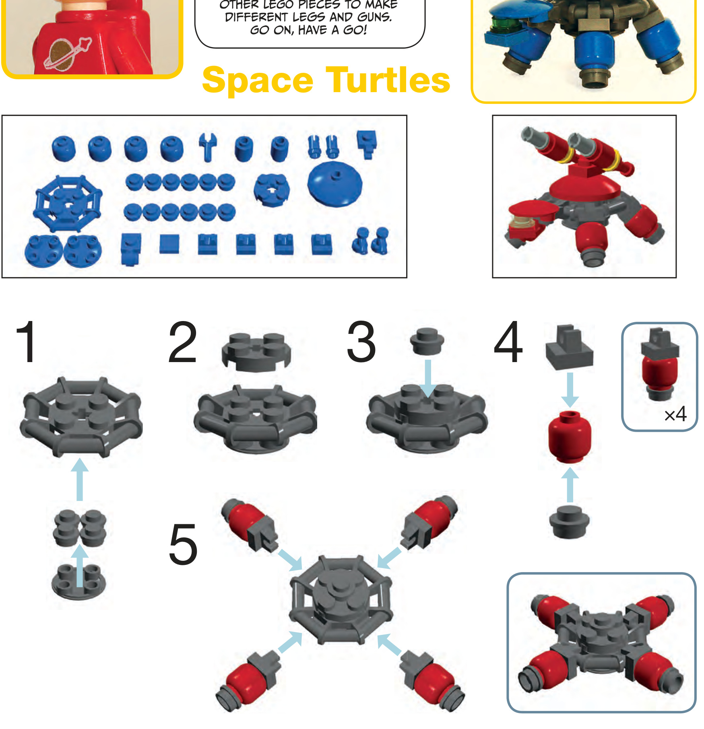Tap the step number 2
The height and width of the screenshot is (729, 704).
pyautogui.click(x=183, y=342)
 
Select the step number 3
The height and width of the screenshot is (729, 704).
pyautogui.click(x=361, y=342)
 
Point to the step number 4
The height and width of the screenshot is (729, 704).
pyautogui.click(x=508, y=342)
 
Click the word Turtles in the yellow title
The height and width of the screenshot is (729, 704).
pyautogui.click(x=388, y=80)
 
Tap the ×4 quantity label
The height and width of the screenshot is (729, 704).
pyautogui.click(x=675, y=414)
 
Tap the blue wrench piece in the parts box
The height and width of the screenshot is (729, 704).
pyautogui.click(x=208, y=147)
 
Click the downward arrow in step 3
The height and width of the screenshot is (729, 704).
pyautogui.click(x=428, y=378)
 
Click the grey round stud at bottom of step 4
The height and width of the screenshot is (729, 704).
pyautogui.click(x=570, y=522)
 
